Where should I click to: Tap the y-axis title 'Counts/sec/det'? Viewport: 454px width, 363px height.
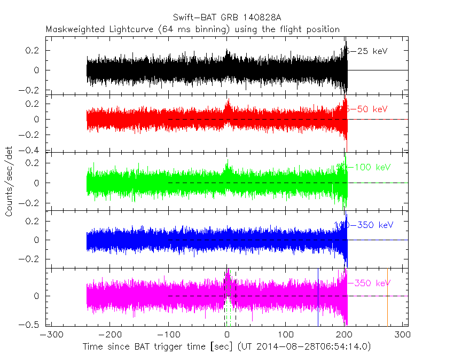9,182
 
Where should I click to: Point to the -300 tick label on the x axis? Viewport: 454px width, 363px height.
49,335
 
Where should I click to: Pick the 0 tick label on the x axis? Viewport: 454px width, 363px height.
228,335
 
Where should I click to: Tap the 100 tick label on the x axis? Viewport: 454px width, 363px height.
286,335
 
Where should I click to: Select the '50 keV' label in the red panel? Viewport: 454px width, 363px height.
369,109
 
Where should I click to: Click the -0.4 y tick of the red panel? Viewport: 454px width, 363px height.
34,151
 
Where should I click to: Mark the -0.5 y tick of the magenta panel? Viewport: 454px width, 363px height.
34,324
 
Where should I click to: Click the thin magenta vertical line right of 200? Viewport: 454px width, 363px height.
387,299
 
